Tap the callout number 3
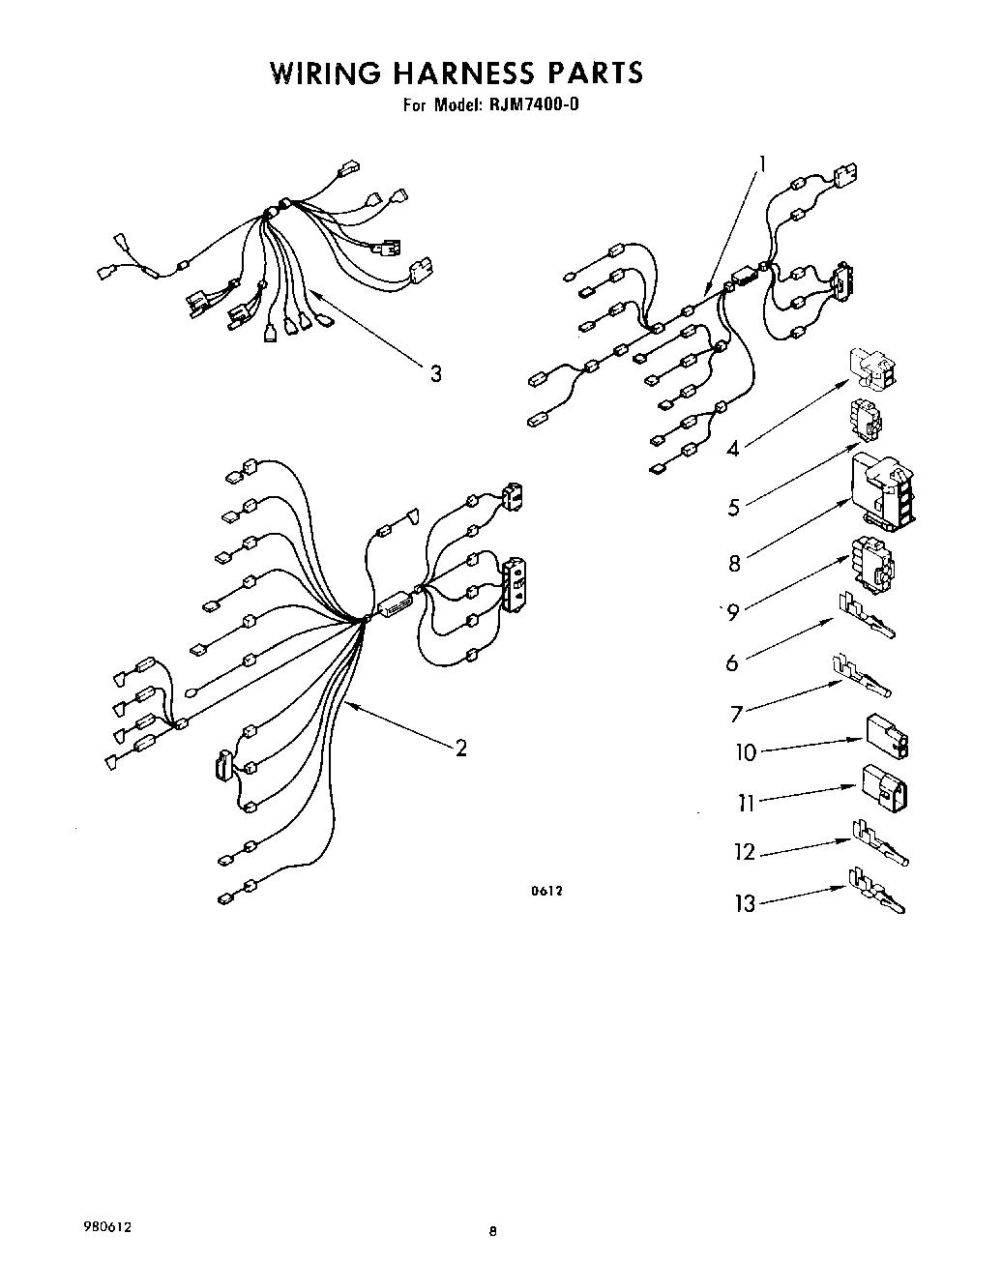coord(436,372)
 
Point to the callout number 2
coord(461,747)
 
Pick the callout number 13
coord(745,904)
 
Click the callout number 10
coord(746,751)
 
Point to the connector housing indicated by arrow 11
coord(884,788)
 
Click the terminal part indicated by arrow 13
coord(877,891)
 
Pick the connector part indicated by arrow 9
coord(871,565)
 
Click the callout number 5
coord(734,505)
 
